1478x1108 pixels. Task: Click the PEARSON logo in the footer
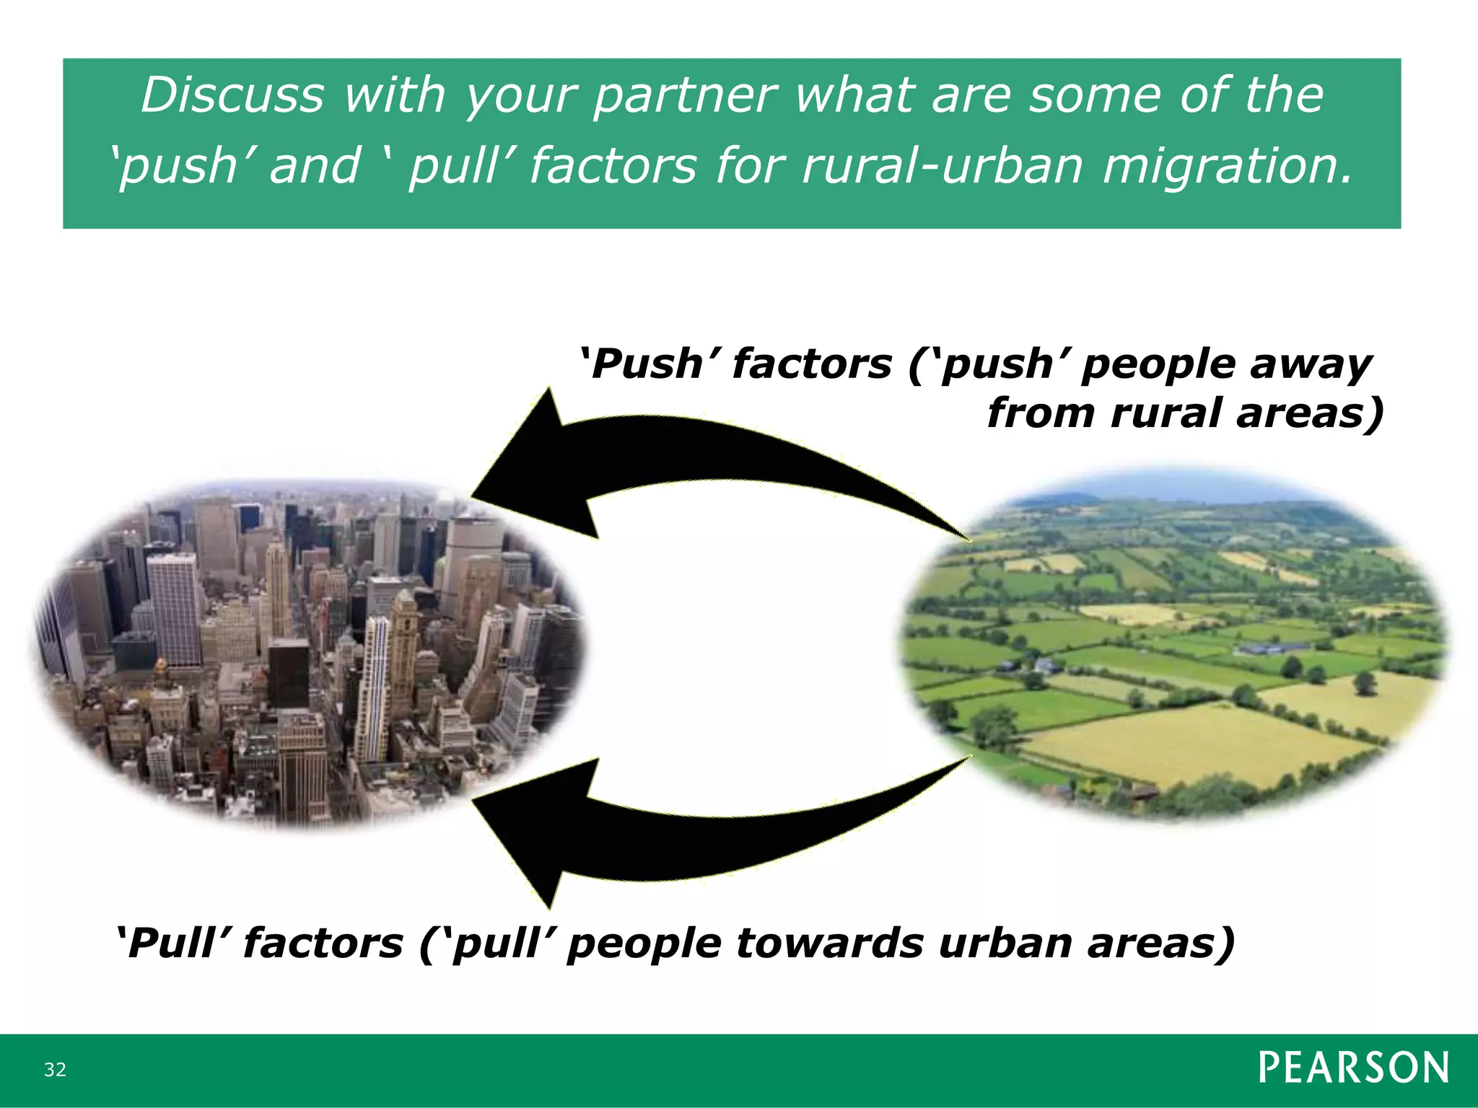coord(1353,1068)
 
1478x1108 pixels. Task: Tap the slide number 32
coord(55,1070)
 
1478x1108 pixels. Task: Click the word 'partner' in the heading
coord(685,95)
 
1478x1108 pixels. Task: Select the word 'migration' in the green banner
coord(1224,164)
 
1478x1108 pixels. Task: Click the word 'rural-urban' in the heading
coord(943,164)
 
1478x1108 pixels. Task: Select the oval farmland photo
coord(1173,642)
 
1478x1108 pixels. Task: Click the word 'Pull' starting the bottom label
coord(174,943)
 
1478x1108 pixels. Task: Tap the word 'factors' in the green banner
coord(613,164)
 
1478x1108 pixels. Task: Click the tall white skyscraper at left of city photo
coord(173,610)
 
